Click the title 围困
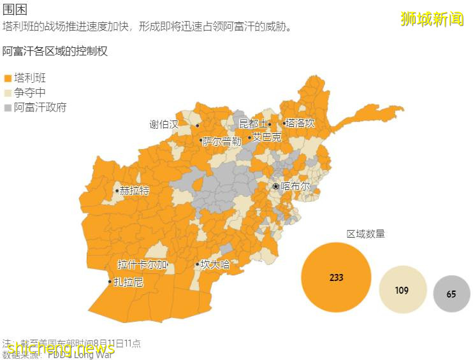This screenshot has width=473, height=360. point(15,10)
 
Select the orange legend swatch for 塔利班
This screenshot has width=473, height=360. point(8,78)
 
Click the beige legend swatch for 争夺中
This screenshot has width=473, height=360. point(8,93)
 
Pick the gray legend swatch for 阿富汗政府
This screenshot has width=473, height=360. point(8,108)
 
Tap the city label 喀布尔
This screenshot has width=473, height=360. point(296,187)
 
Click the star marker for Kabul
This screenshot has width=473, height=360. point(275,186)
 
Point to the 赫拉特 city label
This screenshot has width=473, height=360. point(135,191)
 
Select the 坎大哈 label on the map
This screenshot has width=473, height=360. point(215,264)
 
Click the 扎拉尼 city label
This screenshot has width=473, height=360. point(128,282)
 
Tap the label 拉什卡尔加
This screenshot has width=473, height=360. point(143,264)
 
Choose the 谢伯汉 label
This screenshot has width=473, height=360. point(164,124)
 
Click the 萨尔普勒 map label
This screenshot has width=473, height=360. point(222,141)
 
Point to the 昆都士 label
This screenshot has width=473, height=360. point(253,124)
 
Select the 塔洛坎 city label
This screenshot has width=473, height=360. point(300,124)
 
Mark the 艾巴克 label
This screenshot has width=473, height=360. point(266,137)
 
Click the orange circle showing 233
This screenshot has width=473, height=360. point(336,277)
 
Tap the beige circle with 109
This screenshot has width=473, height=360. point(402,290)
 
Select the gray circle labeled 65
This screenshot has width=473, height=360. point(451,294)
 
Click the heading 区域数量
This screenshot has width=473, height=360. point(366,234)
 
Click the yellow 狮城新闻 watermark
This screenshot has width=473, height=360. point(432,19)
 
